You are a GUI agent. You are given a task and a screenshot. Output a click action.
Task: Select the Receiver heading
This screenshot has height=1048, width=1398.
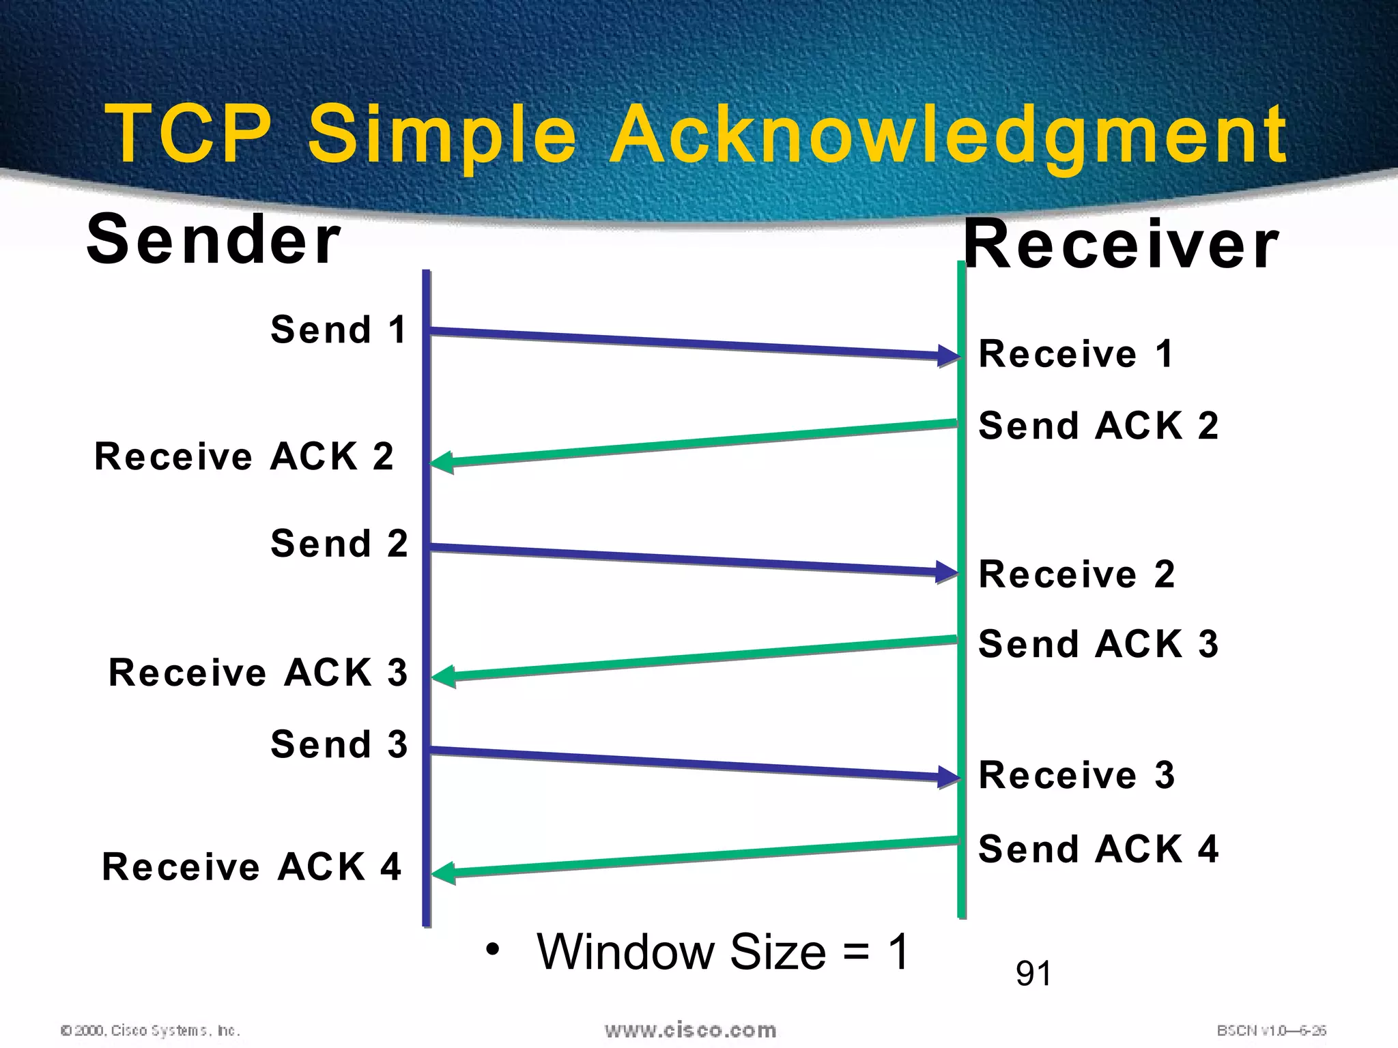(x=1121, y=244)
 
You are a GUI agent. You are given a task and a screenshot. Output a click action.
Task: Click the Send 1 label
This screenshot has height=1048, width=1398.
(x=339, y=330)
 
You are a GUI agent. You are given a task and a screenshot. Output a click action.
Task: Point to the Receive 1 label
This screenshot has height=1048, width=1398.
(x=1076, y=354)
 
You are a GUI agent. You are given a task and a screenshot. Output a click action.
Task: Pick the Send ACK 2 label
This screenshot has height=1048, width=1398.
(x=1098, y=426)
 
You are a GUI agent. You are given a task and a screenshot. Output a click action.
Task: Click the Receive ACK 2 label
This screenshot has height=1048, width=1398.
(x=244, y=456)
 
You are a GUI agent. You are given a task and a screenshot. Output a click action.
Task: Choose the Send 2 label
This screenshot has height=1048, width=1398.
(x=339, y=544)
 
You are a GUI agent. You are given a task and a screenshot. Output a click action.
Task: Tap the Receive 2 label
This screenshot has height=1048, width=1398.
(x=1076, y=574)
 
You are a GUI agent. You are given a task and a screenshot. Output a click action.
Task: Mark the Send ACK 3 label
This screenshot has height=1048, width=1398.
(x=1098, y=644)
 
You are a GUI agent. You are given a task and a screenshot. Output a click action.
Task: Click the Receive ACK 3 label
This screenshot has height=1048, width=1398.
(x=258, y=673)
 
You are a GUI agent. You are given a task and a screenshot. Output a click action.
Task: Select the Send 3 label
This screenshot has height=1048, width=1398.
(x=339, y=744)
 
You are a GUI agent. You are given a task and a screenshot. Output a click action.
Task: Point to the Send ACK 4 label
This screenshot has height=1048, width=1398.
(x=1098, y=849)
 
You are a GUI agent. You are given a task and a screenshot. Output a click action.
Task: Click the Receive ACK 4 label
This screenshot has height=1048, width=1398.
(x=251, y=867)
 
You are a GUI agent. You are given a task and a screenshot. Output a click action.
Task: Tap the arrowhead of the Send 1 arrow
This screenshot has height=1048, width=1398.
(x=950, y=355)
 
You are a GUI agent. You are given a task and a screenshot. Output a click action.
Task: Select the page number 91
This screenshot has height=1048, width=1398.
(x=1033, y=974)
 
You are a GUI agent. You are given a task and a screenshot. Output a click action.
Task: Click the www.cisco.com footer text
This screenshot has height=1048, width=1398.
(x=690, y=1030)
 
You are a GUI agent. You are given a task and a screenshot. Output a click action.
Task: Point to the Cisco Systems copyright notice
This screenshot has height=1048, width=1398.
(x=150, y=1030)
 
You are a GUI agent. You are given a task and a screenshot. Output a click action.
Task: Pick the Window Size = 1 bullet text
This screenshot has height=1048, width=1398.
(x=722, y=952)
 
